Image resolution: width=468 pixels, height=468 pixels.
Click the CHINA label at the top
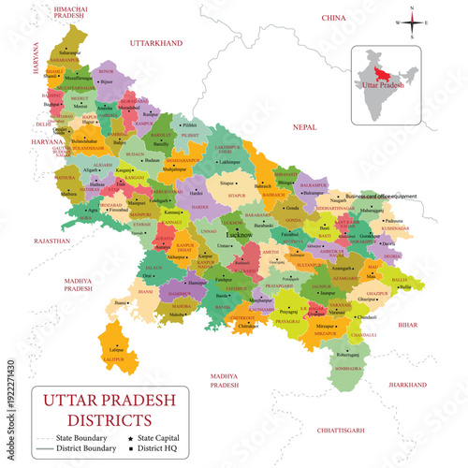333,18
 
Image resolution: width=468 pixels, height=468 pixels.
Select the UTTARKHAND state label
154,43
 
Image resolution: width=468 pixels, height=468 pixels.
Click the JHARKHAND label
408,384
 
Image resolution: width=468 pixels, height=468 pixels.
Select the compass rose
411,22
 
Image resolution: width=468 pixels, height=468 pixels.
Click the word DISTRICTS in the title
110,417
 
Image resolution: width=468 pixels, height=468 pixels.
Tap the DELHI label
42,123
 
